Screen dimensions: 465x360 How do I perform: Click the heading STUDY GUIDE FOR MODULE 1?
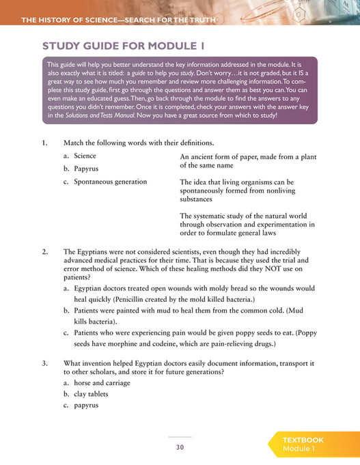(123, 46)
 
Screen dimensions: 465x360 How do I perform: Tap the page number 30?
(180, 447)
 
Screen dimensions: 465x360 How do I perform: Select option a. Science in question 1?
(80, 156)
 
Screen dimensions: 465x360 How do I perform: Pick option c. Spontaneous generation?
(105, 182)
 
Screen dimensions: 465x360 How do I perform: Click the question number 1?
(44, 143)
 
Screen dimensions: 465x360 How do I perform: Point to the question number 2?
(44, 252)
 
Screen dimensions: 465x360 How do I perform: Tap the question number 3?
(44, 363)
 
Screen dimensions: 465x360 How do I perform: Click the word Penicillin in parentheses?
(138, 298)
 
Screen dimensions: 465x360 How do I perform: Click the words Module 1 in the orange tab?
(299, 449)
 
